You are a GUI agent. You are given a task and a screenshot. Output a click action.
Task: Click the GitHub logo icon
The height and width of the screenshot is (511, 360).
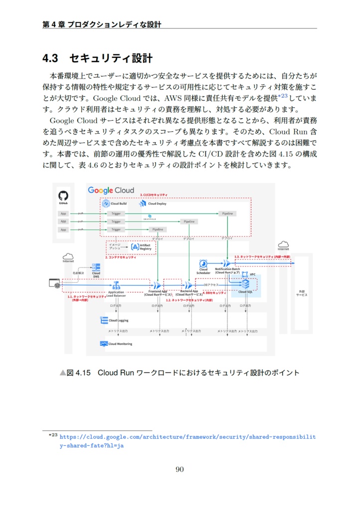pos(63,196)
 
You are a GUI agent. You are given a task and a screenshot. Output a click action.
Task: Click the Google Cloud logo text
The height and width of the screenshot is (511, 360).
pos(111,190)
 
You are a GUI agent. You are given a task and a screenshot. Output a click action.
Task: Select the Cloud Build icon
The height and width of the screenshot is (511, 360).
pos(106,204)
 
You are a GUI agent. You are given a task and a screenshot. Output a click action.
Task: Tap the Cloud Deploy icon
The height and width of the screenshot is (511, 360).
pos(143,204)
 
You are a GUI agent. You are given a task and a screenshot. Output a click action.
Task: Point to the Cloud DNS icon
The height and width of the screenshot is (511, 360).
pos(96,267)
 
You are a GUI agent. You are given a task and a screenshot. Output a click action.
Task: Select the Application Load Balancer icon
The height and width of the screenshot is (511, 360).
pos(117,285)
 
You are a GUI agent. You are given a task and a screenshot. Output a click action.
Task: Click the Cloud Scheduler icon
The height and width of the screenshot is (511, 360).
pos(203,263)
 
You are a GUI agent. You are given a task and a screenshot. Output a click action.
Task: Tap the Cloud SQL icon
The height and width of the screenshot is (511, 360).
pos(245,284)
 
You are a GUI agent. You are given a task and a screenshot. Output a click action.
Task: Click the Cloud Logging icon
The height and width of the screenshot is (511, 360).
pos(105,320)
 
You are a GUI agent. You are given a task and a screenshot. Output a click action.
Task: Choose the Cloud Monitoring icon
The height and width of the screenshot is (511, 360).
pos(104,344)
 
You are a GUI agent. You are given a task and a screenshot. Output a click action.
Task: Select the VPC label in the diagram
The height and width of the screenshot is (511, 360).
pos(252,274)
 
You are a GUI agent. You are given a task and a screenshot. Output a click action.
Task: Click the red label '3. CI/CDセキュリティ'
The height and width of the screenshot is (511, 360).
pos(154,194)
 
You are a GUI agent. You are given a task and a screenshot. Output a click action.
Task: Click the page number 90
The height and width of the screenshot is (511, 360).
pos(180,469)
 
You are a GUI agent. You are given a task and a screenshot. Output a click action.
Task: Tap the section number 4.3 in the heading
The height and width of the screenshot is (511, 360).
pos(50,59)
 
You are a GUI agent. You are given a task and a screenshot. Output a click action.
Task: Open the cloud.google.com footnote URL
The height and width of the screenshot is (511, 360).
pos(187,437)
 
